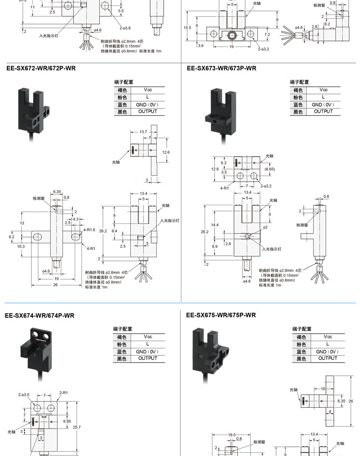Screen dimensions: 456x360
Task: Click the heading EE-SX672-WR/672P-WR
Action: pos(41,68)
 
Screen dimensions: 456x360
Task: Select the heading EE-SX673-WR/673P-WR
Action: pos(221,68)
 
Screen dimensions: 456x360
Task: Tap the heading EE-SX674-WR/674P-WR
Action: pos(40,315)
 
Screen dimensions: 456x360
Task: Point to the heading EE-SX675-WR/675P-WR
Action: pos(221,315)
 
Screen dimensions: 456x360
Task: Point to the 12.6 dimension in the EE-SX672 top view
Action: pos(165,152)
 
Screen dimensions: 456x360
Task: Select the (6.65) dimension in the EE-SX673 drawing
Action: pos(270,169)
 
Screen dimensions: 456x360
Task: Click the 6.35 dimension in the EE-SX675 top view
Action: pos(341,401)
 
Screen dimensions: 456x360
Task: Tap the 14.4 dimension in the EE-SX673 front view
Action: pos(215,225)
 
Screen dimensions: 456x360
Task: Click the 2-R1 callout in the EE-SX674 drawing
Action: pos(63,392)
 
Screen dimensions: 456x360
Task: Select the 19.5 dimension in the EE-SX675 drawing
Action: pos(231,435)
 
